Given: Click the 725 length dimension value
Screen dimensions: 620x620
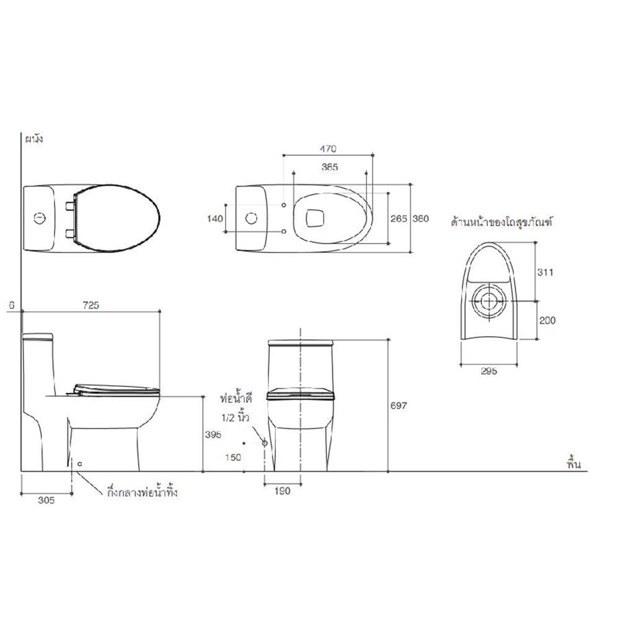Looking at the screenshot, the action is click(91, 305).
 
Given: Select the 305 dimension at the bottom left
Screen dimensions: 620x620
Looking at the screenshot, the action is click(46, 500).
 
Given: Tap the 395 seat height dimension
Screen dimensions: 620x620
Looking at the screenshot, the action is click(213, 435).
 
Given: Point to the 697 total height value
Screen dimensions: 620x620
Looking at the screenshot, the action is click(398, 405).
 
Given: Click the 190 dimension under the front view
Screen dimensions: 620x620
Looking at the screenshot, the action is click(282, 491).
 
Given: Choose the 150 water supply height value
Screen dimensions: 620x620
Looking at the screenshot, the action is click(233, 458).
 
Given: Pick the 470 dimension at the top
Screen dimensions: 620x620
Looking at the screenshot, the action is click(328, 149).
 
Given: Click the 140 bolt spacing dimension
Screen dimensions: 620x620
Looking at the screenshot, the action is click(215, 218).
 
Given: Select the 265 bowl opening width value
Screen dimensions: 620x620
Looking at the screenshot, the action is click(398, 218).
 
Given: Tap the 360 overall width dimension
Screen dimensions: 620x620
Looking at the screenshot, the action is click(420, 218).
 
